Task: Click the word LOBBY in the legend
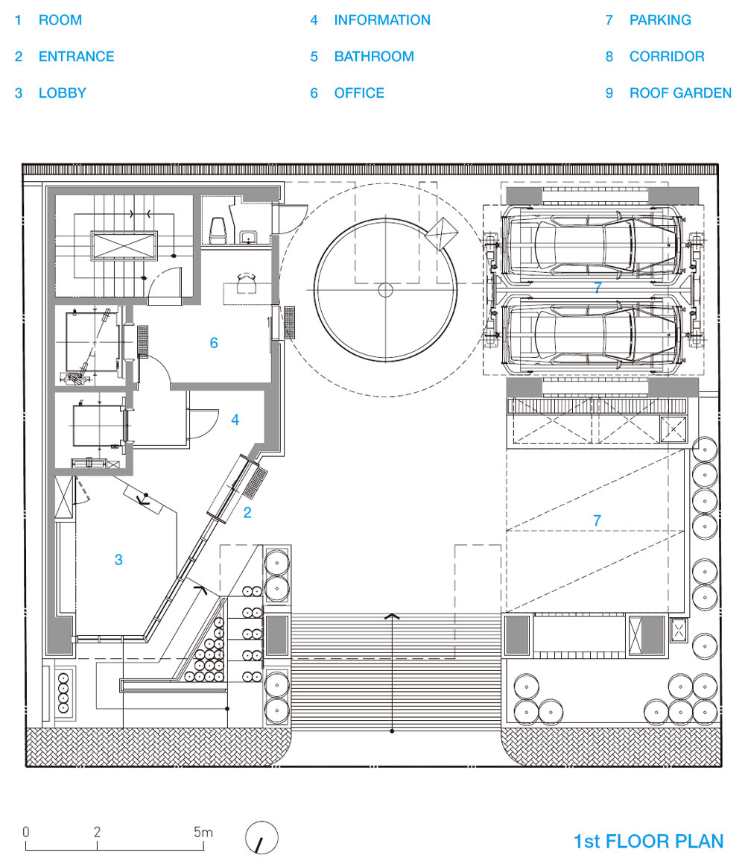63,93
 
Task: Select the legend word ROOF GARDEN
680,93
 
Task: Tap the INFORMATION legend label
382,20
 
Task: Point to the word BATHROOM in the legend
374,57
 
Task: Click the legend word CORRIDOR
667,57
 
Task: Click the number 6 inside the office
214,343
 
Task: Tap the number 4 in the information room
235,420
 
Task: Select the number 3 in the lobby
118,560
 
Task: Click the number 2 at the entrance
247,513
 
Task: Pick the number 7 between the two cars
598,288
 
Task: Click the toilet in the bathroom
218,230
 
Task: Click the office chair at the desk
246,283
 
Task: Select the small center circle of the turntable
385,290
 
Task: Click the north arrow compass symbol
261,838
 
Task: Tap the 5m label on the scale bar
203,832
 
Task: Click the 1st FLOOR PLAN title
649,842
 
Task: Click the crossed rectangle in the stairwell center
124,246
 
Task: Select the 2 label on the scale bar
97,832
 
